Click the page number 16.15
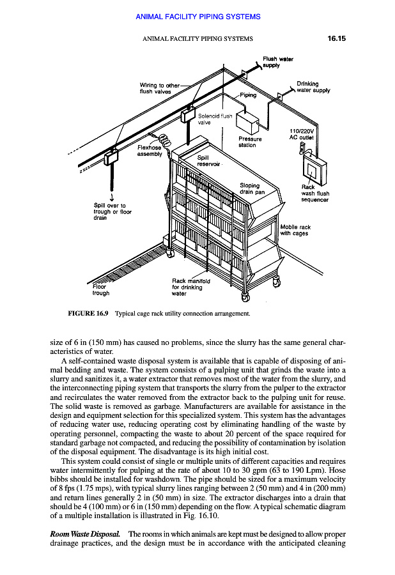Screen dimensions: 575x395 click(x=333, y=38)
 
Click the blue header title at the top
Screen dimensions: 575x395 click(x=198, y=17)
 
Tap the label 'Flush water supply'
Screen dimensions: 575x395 click(x=277, y=62)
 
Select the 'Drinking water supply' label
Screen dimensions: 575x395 click(x=313, y=87)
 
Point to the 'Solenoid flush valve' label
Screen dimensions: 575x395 click(x=215, y=120)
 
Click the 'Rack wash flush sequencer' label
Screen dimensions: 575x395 click(x=314, y=194)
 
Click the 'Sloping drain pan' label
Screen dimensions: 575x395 click(x=251, y=188)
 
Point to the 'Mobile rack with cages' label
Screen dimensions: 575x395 click(x=295, y=230)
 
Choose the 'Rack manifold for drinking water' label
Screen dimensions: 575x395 click(x=189, y=287)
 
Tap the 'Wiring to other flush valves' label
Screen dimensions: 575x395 click(x=160, y=88)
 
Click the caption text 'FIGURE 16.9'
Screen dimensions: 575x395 click(x=88, y=314)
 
